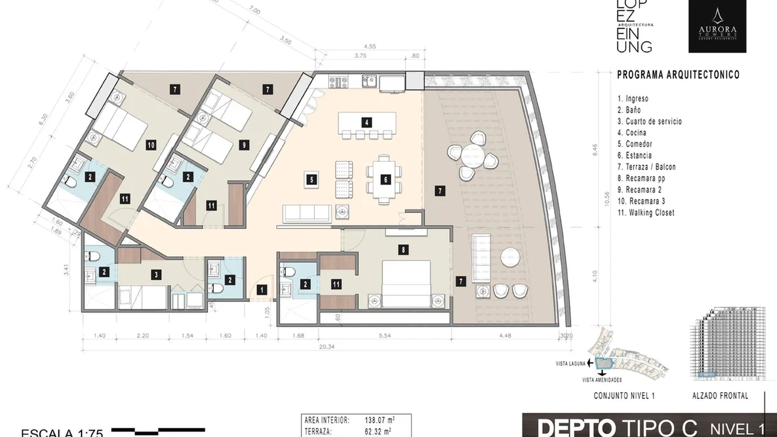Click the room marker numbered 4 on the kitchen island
tap(366, 122)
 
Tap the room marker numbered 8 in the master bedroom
tap(403, 250)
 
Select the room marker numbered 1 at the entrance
tap(262, 289)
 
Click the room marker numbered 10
tap(151, 145)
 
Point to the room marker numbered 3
tap(157, 275)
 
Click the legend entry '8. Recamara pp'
tap(641, 178)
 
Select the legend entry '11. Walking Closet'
tap(646, 212)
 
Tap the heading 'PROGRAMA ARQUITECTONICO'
tap(678, 75)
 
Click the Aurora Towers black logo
tap(717, 26)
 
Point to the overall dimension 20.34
tap(327, 347)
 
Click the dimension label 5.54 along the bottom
tap(384, 335)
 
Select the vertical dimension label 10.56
tap(606, 199)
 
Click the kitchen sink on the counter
tap(369, 82)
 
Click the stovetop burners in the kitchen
tap(338, 82)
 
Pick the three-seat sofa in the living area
tap(307, 213)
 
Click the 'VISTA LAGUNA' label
tap(571, 364)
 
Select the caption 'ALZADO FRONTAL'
tap(720, 396)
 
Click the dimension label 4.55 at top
tap(369, 46)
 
